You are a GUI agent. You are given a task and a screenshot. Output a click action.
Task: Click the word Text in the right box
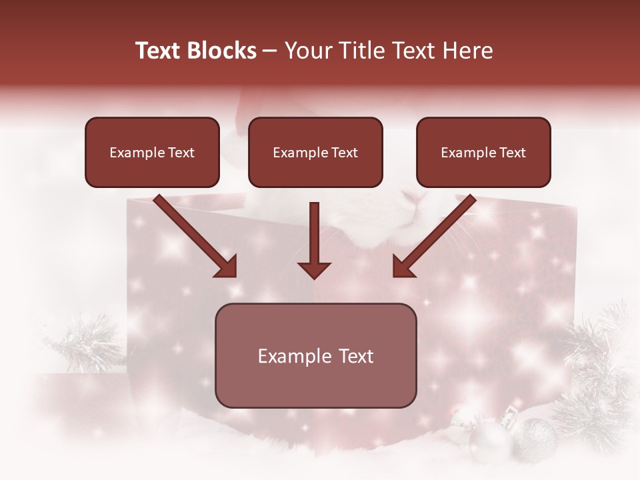(512, 153)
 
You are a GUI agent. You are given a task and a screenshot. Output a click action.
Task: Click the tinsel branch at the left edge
(87, 343)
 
